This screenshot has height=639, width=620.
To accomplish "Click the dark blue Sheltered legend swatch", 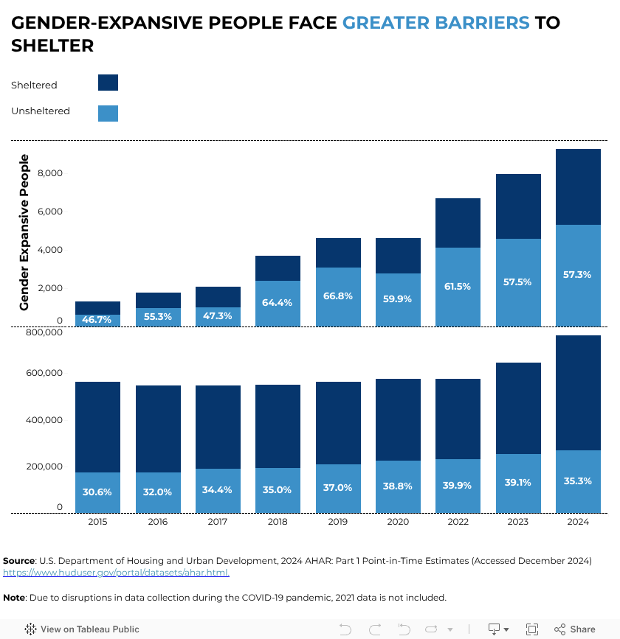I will tap(108, 83).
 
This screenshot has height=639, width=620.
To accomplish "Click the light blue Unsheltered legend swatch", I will tap(108, 113).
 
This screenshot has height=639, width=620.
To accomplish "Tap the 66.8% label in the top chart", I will tap(338, 296).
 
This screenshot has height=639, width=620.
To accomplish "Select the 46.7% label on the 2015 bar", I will tap(97, 318).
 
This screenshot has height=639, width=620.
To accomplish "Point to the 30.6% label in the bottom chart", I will tap(97, 492).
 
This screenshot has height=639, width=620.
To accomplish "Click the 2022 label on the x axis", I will tap(458, 522).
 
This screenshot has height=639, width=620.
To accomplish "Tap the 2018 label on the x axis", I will tap(278, 522).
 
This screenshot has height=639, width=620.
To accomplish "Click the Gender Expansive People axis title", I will tap(24, 232).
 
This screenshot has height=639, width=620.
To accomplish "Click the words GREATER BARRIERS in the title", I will tap(436, 23).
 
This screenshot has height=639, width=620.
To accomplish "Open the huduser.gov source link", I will tap(116, 573).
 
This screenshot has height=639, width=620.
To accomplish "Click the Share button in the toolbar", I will tap(574, 629).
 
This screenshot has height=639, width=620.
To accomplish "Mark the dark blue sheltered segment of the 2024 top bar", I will tap(578, 186).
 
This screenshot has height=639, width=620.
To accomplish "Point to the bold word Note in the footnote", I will tap(14, 597).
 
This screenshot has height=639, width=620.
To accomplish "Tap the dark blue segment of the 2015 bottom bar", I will tap(97, 427).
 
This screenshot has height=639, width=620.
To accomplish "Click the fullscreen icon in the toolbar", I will tap(531, 629).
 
